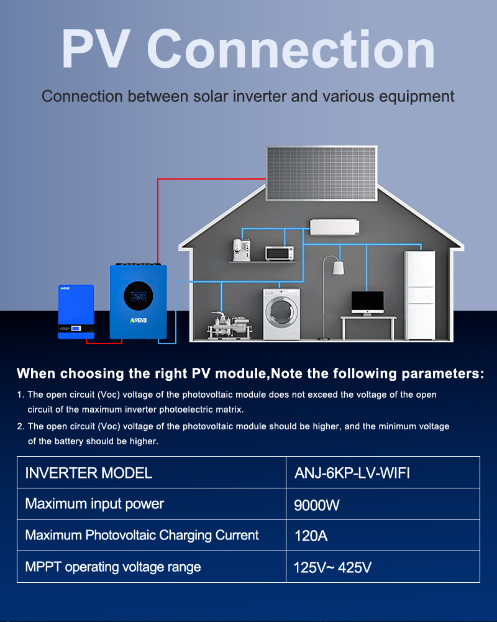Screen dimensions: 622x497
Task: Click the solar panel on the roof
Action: point(321,173)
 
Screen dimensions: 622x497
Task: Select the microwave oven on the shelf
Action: point(279,253)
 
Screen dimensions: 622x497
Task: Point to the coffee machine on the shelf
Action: point(240,250)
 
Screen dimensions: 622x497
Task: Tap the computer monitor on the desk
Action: point(367,302)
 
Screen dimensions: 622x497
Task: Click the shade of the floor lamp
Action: point(339,268)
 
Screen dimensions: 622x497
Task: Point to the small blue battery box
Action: point(76,311)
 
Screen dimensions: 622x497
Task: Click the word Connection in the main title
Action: point(291,51)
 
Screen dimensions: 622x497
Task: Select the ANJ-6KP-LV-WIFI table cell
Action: point(352,473)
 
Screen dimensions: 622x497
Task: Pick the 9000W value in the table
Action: point(317,505)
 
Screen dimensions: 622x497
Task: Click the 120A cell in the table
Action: point(311,536)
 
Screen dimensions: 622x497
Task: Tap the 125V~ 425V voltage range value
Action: point(332,567)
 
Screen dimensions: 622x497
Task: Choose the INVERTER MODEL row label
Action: point(89,473)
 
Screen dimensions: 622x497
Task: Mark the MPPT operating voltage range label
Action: point(113,567)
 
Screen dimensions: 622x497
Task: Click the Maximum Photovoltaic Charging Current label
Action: point(142,535)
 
